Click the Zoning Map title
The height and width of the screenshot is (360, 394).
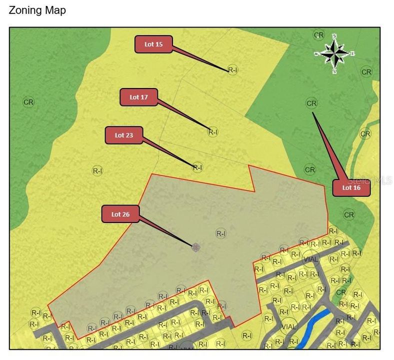click(x=37, y=10)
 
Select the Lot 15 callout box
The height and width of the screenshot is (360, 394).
click(x=153, y=44)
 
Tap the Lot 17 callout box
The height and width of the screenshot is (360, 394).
click(x=138, y=97)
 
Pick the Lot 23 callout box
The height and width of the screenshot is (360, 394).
click(x=123, y=135)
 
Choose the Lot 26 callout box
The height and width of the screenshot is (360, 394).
click(x=120, y=214)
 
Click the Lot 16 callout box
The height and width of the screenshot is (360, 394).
click(x=351, y=188)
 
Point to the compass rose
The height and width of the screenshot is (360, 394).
click(x=334, y=53)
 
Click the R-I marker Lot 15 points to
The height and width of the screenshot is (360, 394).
click(x=232, y=69)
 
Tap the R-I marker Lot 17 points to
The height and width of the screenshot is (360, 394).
click(x=213, y=132)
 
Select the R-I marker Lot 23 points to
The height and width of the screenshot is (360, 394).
click(x=197, y=167)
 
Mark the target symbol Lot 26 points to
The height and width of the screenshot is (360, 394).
click(x=196, y=246)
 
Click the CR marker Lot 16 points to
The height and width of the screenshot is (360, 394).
click(x=311, y=103)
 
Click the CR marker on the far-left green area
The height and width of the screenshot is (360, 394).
click(x=28, y=102)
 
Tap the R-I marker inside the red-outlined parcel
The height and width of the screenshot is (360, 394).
click(x=221, y=233)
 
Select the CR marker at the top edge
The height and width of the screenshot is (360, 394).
click(x=319, y=34)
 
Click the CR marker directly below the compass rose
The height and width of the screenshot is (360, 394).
click(x=366, y=72)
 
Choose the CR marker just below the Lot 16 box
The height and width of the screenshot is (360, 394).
click(x=349, y=214)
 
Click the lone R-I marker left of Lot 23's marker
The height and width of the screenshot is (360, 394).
click(x=97, y=170)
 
